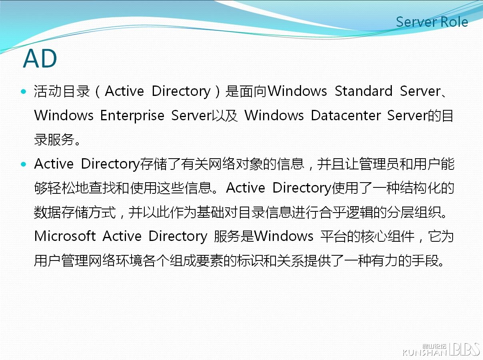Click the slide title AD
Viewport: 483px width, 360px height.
pyautogui.click(x=40, y=58)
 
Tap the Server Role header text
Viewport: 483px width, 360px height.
pyautogui.click(x=432, y=22)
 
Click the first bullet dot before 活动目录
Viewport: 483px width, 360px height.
pyautogui.click(x=23, y=91)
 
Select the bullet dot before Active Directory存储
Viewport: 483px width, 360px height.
pyautogui.click(x=23, y=164)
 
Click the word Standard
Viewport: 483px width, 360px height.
pyautogui.click(x=363, y=91)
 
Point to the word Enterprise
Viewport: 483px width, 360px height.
pyautogui.click(x=132, y=116)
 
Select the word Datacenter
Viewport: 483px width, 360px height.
pyautogui.click(x=346, y=115)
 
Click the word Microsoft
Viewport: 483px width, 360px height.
pyautogui.click(x=65, y=236)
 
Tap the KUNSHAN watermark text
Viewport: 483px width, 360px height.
pyautogui.click(x=425, y=352)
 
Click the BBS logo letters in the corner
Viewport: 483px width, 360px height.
pyautogui.click(x=464, y=349)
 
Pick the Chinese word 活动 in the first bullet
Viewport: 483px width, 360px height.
pyautogui.click(x=48, y=91)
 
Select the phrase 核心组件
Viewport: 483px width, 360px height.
pyautogui.click(x=387, y=237)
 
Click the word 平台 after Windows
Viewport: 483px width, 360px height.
pyautogui.click(x=333, y=237)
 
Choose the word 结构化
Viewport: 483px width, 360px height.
pyautogui.click(x=420, y=188)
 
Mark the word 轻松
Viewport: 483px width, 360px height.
pyautogui.click(x=61, y=188)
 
